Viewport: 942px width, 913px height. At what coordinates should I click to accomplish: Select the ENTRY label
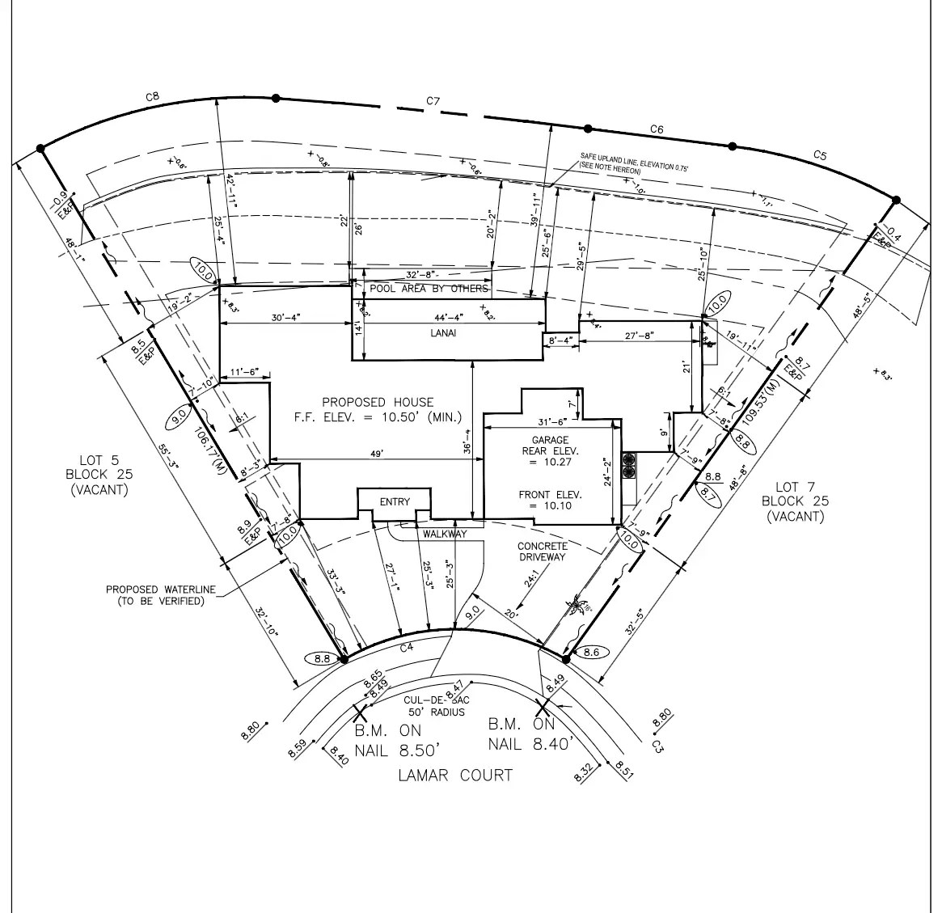[395, 502]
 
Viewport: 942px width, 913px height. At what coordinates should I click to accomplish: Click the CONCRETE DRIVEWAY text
[542, 552]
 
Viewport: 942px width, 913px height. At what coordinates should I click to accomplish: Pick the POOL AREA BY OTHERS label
[429, 289]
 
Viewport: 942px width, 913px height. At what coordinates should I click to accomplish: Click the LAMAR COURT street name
[455, 776]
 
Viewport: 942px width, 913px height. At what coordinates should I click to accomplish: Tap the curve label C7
[433, 101]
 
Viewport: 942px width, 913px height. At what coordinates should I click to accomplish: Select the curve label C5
[820, 155]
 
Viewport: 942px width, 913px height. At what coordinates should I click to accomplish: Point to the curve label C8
[152, 97]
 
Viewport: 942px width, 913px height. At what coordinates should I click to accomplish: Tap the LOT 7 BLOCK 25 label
[796, 501]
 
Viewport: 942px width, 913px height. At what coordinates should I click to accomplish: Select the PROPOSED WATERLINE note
[161, 595]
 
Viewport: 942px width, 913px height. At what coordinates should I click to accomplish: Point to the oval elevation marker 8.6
[590, 652]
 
